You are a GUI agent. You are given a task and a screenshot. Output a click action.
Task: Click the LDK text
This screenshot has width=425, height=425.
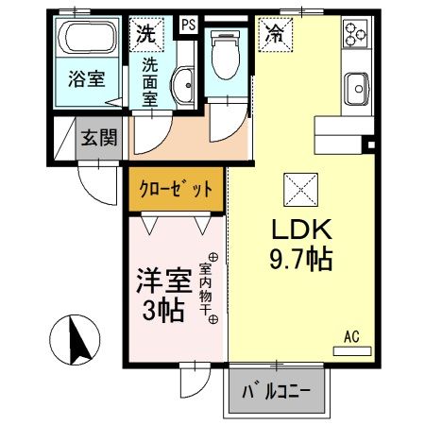pos(301,229)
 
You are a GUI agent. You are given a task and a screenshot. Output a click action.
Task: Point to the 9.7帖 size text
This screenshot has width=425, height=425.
pos(301,259)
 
